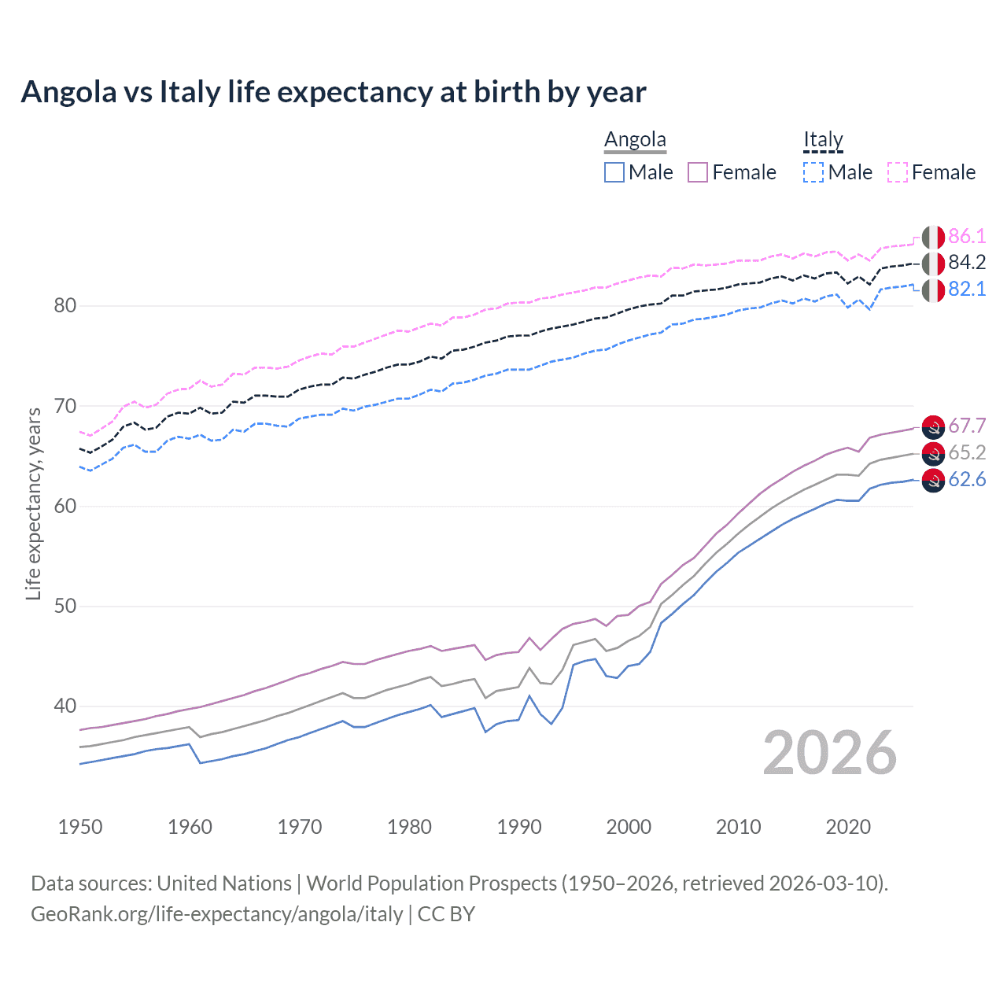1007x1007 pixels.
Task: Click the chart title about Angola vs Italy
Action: tap(334, 92)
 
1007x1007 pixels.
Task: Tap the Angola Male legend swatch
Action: tap(614, 172)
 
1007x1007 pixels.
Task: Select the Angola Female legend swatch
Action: tap(698, 172)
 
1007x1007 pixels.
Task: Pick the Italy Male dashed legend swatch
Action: tap(813, 172)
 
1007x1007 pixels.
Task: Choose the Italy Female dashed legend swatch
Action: tap(898, 172)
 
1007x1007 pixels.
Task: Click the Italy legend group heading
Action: tap(823, 140)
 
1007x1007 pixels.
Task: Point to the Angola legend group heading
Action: tap(635, 140)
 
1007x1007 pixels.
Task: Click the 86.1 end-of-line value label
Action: tap(967, 236)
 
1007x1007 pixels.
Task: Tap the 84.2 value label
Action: tap(967, 263)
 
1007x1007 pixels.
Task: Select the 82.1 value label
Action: tap(967, 290)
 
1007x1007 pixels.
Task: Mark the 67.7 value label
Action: tap(967, 426)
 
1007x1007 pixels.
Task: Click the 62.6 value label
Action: tap(967, 480)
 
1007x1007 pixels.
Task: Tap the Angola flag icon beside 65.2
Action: tap(933, 453)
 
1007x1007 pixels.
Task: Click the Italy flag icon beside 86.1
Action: tap(933, 237)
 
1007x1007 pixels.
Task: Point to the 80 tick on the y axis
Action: tap(65, 306)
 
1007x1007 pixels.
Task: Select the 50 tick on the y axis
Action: tap(65, 607)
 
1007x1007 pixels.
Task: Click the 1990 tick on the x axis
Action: tap(519, 827)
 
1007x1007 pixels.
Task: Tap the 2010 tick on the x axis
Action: tap(738, 827)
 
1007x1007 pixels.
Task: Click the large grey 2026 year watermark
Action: tap(830, 754)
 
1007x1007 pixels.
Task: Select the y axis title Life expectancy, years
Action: tap(34, 503)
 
